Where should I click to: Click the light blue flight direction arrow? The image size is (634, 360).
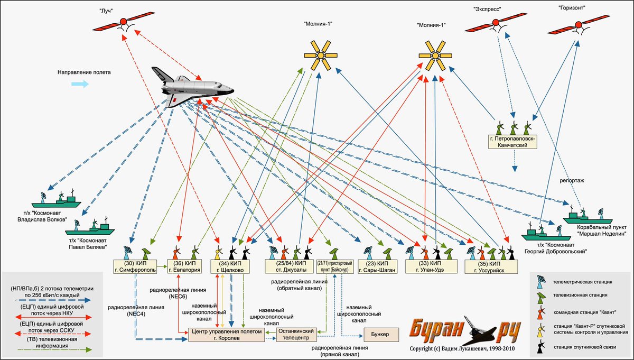click(80, 84)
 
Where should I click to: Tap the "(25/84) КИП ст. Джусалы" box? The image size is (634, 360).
click(288, 266)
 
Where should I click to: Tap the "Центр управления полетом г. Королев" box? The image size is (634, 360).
click(227, 335)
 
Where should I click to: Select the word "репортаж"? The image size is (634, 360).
click(572, 181)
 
